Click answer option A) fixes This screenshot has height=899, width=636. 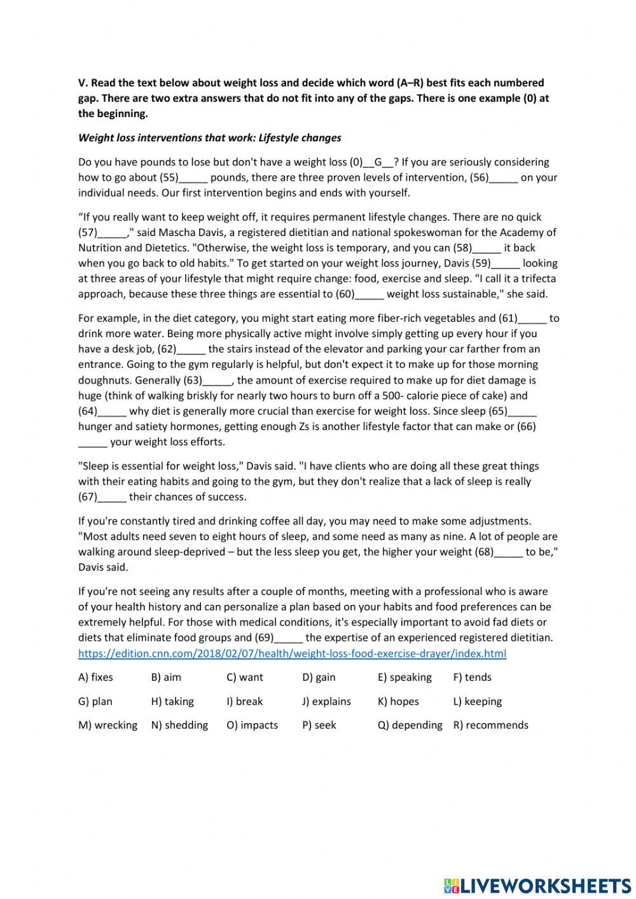[95, 677]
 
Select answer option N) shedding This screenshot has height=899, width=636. [179, 725]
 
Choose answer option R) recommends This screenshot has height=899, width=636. [490, 725]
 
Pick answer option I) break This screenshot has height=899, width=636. [245, 701]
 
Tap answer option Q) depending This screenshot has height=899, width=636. [410, 725]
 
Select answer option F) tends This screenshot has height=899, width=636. [472, 677]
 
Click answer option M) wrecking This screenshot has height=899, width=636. [107, 725]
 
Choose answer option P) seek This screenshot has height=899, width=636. [319, 725]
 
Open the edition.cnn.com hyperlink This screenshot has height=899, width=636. [292, 653]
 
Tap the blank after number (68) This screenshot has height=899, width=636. [508, 552]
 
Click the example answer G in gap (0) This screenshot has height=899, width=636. [378, 162]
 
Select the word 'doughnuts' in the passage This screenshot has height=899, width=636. [105, 380]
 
